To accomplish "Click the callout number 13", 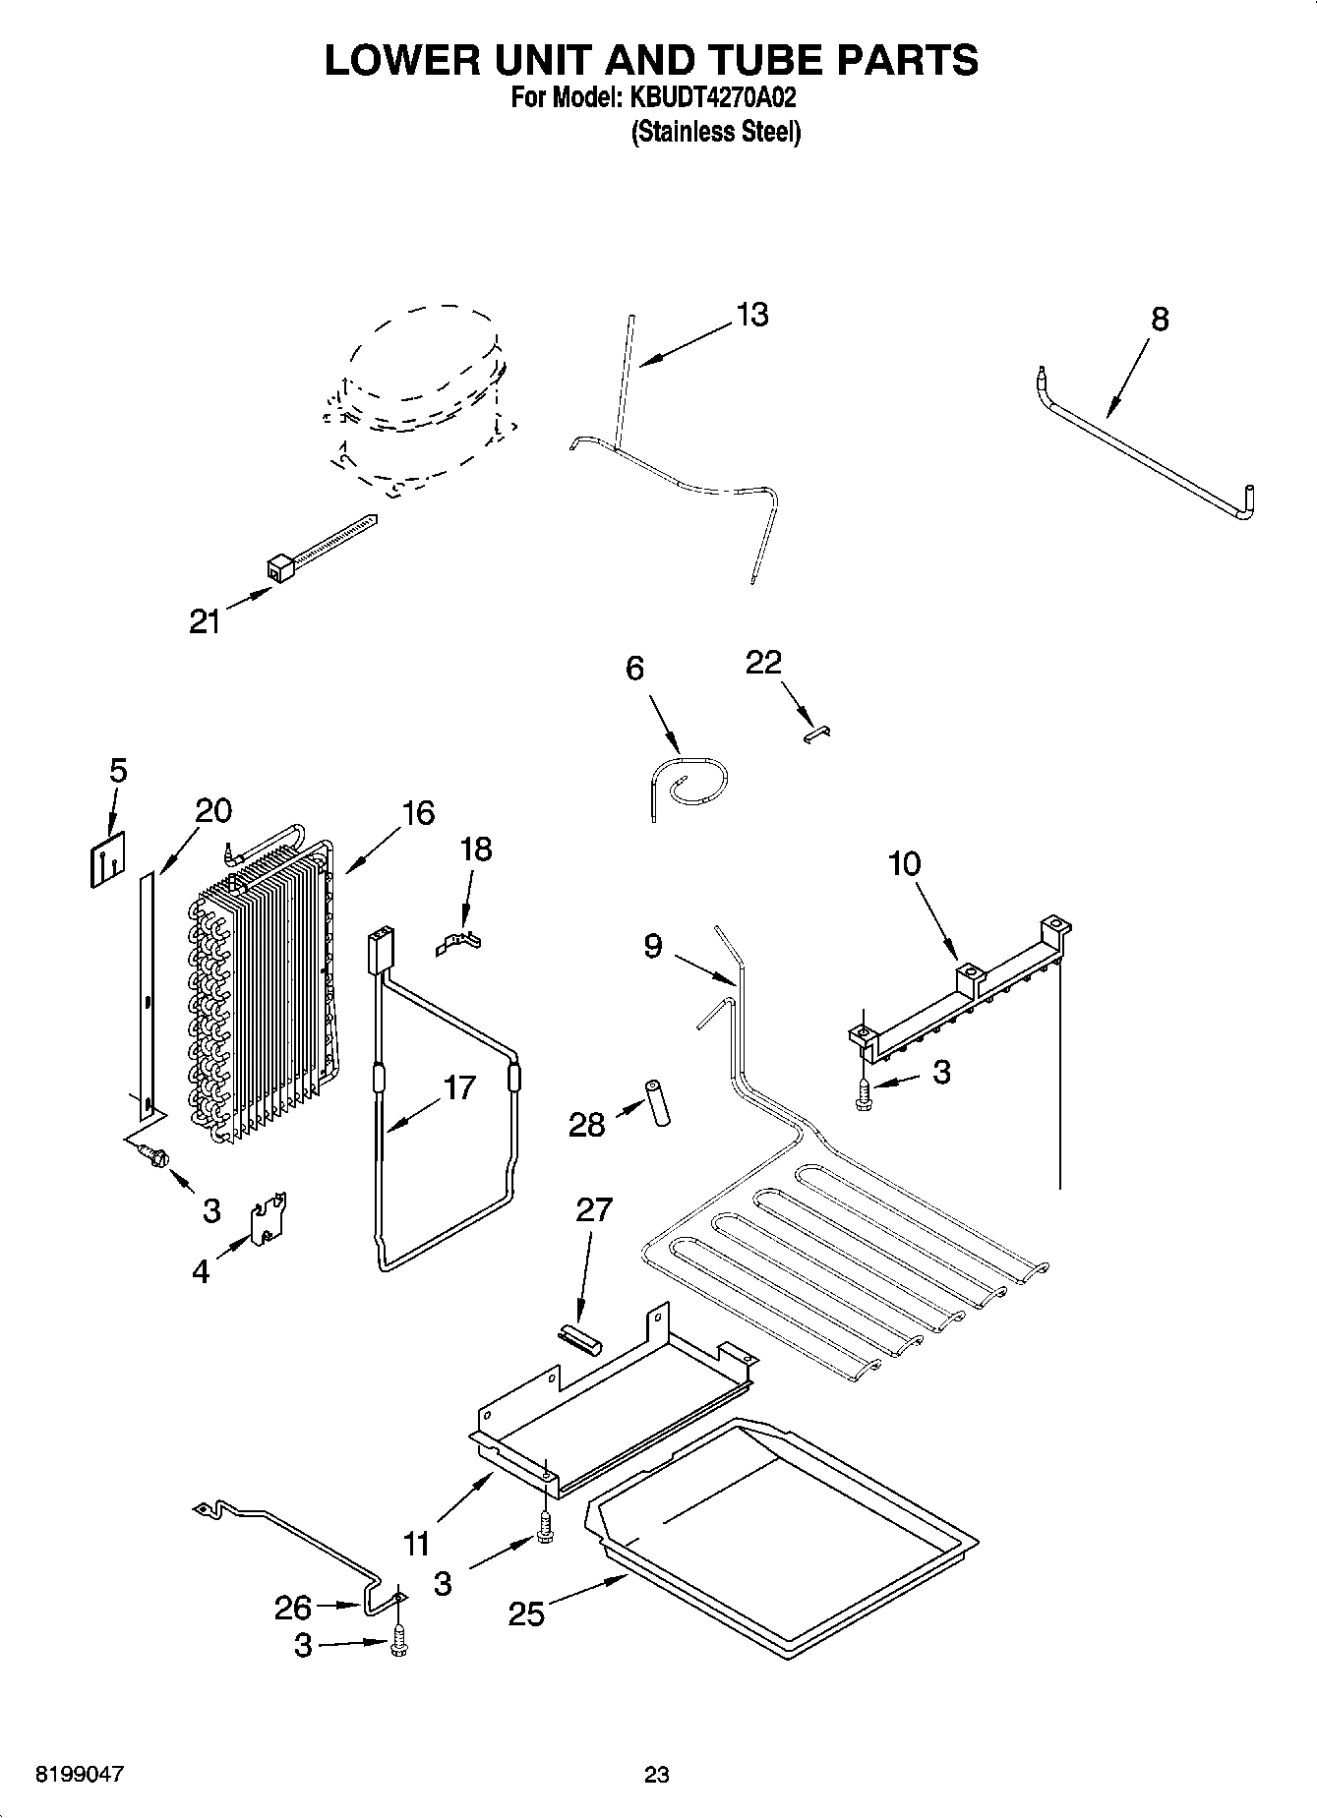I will (752, 316).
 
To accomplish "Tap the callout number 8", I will (1160, 320).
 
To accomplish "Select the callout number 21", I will (205, 621).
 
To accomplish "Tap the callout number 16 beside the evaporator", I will (418, 813).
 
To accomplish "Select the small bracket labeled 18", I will (459, 943).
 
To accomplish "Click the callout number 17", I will (459, 1087).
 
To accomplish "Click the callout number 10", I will (904, 864).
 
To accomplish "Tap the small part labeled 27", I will (577, 1338).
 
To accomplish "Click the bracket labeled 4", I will (268, 1220).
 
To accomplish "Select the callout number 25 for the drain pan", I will (526, 1613).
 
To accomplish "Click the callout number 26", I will (293, 1608).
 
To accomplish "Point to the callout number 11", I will (417, 1545).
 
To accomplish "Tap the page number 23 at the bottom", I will (657, 1775).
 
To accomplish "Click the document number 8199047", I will (80, 1775).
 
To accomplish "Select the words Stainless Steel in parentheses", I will (715, 132).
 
